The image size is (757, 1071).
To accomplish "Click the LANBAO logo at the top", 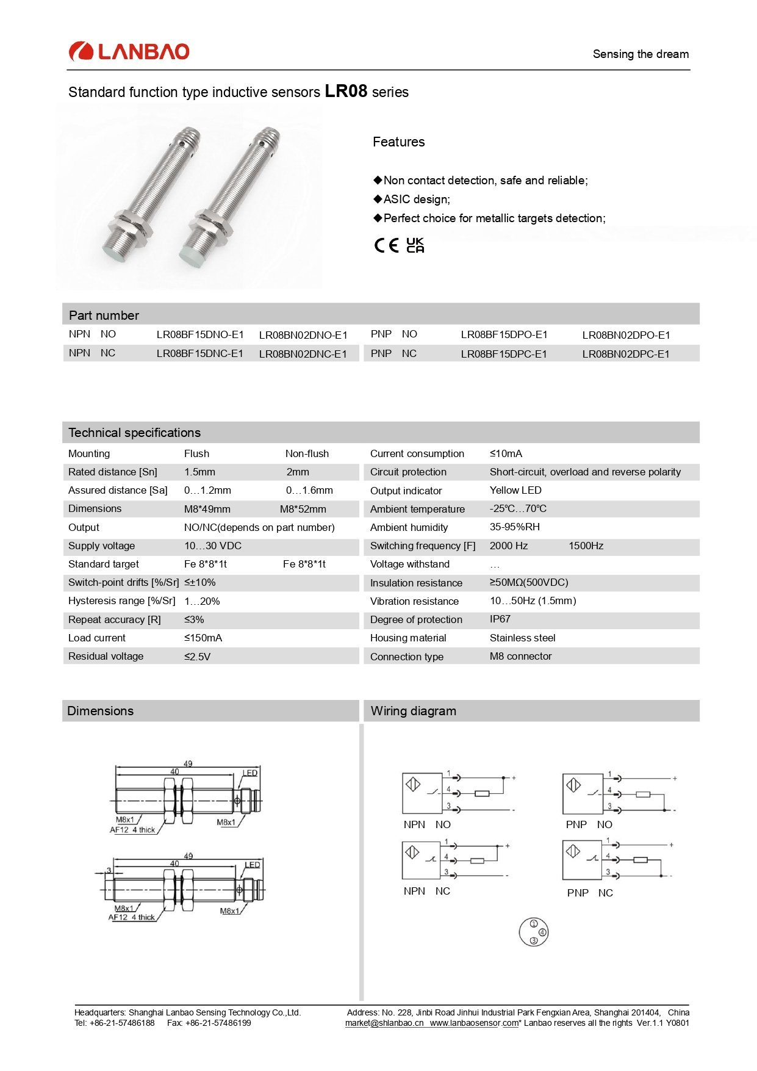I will tap(129, 52).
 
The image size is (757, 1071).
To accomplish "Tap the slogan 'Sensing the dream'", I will tap(640, 54).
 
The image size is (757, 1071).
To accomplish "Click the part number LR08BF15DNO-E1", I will tap(200, 334).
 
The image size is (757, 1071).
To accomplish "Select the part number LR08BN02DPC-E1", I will tap(626, 354).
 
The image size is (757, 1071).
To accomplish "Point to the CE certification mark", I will tap(386, 245).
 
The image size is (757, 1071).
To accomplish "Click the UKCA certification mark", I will tap(415, 245).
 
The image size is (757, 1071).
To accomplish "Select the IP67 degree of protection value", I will tap(500, 619).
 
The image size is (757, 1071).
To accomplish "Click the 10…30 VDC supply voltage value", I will tap(213, 546).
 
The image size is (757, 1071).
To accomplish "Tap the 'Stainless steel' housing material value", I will tap(523, 638).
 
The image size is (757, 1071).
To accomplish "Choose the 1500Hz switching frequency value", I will tap(586, 546).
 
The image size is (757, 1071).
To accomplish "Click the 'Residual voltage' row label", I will tap(106, 656).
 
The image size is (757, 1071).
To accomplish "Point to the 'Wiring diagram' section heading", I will tap(414, 711).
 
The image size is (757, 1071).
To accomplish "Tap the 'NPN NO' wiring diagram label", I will tap(427, 824).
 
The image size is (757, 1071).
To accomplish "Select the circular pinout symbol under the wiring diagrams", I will tap(534, 932).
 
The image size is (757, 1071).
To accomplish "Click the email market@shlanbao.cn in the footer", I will tap(384, 1023).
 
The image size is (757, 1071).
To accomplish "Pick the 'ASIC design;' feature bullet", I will tap(417, 200).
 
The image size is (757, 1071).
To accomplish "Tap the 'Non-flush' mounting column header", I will tap(307, 453).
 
